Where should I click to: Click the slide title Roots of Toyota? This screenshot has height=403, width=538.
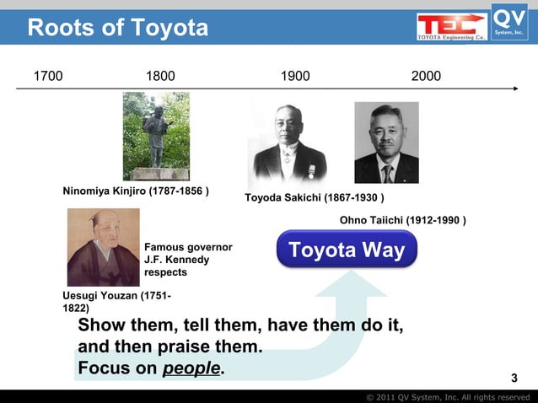(x=117, y=28)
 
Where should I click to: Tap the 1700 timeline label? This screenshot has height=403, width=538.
(x=47, y=77)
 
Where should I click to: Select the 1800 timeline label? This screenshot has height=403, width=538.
(x=161, y=77)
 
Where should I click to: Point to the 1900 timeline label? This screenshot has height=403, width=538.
(x=295, y=77)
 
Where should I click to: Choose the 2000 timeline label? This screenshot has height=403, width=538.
(x=426, y=77)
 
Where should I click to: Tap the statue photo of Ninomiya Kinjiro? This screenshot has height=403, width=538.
(x=156, y=136)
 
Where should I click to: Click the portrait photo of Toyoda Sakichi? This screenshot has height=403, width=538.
(x=287, y=143)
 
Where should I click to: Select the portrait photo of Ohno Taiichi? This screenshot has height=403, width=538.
(x=386, y=142)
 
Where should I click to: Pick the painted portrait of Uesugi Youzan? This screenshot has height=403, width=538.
(x=103, y=247)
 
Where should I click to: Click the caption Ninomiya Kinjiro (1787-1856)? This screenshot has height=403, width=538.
(x=136, y=191)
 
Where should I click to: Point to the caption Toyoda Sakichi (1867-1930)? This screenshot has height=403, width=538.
(x=315, y=198)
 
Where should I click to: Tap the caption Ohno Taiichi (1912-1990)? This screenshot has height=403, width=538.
(x=403, y=220)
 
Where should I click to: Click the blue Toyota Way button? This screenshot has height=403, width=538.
(x=347, y=250)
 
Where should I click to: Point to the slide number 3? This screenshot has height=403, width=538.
(x=515, y=376)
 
